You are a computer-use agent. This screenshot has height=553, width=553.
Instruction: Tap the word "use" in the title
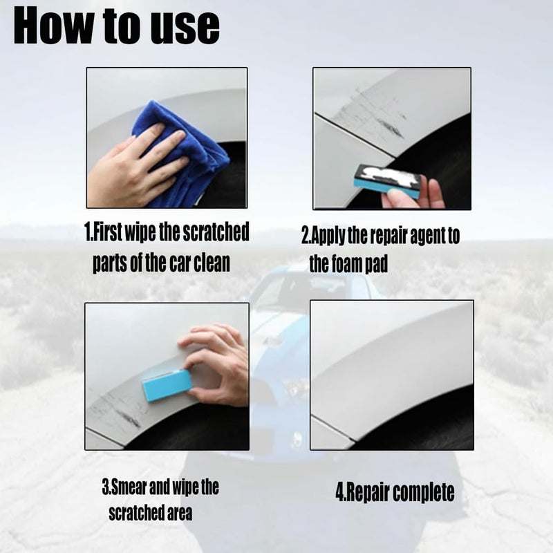point(185,29)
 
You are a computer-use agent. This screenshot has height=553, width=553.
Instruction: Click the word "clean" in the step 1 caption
point(212,263)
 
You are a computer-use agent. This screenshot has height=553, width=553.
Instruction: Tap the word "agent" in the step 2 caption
point(426,236)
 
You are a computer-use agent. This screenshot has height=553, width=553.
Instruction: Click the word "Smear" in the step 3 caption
point(129,487)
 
